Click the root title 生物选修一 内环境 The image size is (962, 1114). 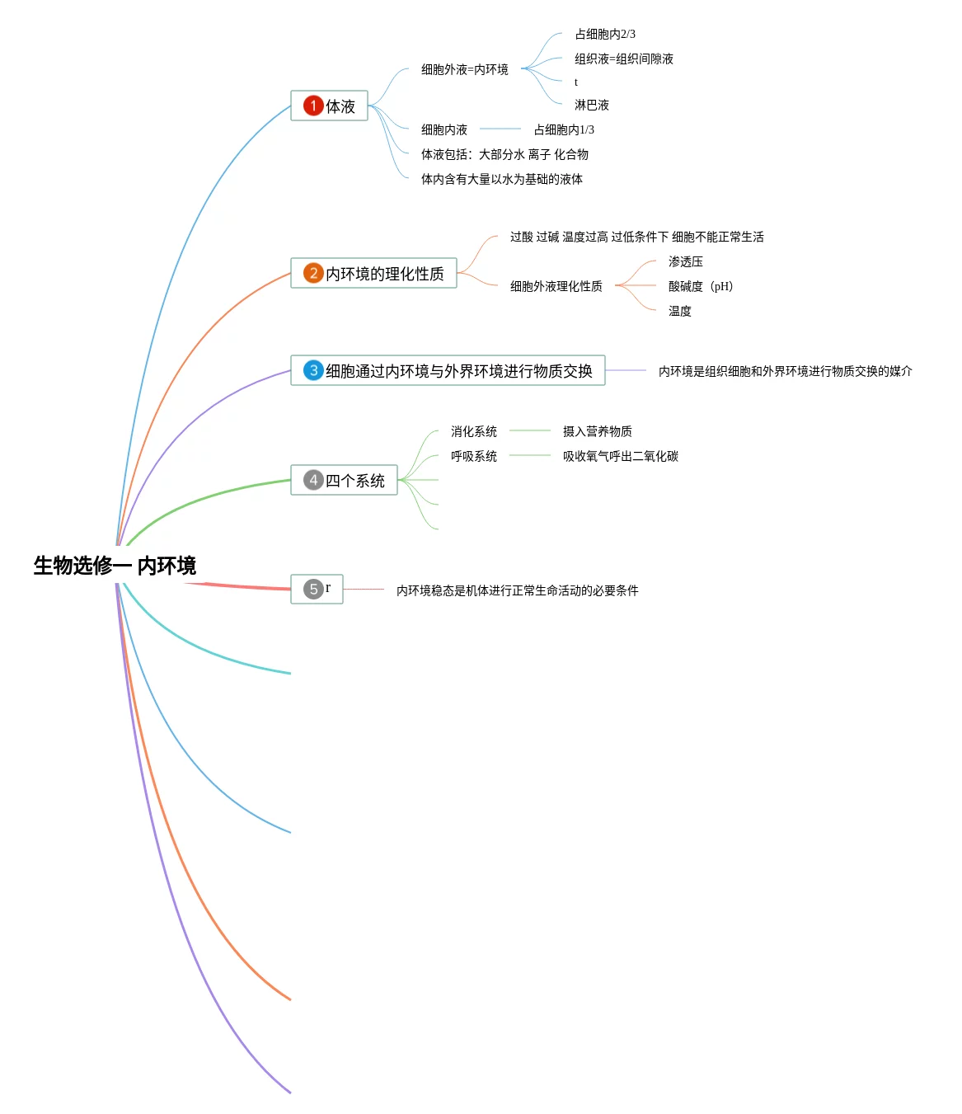[115, 566]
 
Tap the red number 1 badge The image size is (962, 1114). [313, 106]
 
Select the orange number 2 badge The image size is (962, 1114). [313, 273]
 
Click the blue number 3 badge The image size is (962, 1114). [313, 370]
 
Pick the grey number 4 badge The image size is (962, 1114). [313, 480]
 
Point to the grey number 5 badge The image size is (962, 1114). [313, 589]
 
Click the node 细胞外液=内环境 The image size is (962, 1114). [464, 69]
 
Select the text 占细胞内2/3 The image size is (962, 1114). [604, 34]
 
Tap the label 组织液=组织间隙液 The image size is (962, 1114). [623, 59]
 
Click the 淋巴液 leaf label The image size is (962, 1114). [591, 105]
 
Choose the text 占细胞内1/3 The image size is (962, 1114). [563, 129]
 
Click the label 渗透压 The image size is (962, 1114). [685, 261]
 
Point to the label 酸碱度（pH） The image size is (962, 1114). [700, 286]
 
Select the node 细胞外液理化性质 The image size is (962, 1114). [556, 286]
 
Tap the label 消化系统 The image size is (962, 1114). [473, 431]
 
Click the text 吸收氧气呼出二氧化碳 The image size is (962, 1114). [620, 456]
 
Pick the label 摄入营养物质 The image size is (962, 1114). [597, 431]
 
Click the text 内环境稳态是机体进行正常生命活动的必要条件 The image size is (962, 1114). [517, 590]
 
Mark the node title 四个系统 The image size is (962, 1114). [354, 481]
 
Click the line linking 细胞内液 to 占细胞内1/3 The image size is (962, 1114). [500, 129]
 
